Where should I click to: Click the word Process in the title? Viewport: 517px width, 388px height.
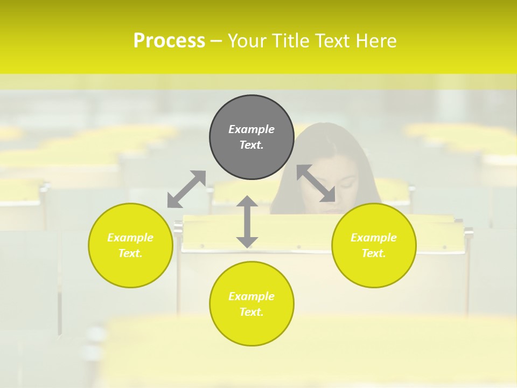pos(169,41)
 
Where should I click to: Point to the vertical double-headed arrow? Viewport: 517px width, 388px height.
pos(247,221)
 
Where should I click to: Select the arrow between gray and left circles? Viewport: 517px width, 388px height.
pos(187,189)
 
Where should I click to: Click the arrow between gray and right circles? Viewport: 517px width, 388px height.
pos(316,183)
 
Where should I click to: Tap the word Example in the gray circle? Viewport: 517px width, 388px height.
pos(251,129)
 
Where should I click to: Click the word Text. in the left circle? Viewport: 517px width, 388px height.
pos(130,253)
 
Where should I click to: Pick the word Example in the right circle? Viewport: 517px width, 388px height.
pos(374,238)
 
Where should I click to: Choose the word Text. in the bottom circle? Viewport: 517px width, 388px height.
pos(251,312)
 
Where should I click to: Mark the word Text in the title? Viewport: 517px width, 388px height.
pos(332,41)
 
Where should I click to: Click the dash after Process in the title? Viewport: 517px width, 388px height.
pos(216,41)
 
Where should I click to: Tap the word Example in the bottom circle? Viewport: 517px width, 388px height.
pos(251,296)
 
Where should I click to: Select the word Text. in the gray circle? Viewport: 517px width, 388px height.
pos(251,145)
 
